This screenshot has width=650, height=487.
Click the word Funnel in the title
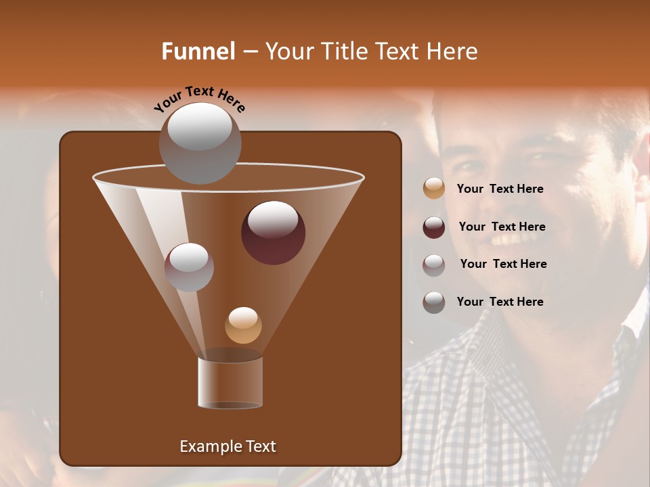198,51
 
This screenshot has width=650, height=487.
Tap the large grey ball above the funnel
200,143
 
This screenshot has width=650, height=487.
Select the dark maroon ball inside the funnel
273,233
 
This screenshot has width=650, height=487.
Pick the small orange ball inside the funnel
243,325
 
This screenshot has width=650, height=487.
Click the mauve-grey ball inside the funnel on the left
189,267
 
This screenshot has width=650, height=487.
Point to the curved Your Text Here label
200,98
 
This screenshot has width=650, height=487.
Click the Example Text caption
227,446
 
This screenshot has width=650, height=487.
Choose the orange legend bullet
434,189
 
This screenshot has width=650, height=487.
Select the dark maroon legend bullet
434,227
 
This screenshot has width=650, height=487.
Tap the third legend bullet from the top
434,264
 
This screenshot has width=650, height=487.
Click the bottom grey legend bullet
434,302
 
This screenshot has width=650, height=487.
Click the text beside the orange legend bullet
500,189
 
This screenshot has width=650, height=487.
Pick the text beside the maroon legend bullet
502,227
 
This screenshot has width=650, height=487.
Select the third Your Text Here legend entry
503,264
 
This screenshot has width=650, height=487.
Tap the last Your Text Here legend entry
500,302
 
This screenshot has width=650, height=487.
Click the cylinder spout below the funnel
230,382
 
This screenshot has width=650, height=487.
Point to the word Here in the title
454,51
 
